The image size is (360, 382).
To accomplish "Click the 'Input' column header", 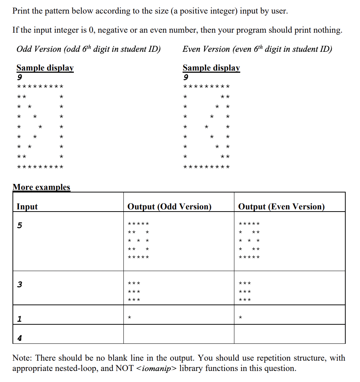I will (x=27, y=206).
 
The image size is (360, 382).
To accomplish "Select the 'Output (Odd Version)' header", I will (x=169, y=206).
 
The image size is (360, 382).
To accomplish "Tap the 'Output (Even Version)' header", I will (x=281, y=206).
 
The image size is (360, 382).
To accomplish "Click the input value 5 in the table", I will (x=20, y=225).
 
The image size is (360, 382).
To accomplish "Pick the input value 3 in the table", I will (x=20, y=284).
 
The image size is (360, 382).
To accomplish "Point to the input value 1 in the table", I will (x=19, y=319).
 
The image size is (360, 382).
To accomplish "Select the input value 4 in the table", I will (x=19, y=338).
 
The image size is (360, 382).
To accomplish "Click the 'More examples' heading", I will (x=41, y=187).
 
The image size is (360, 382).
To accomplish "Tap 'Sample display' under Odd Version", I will (x=45, y=68).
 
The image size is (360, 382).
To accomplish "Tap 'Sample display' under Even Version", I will (x=211, y=68).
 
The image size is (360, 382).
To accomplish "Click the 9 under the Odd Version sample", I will (x=19, y=78).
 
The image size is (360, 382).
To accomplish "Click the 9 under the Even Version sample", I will (x=186, y=78).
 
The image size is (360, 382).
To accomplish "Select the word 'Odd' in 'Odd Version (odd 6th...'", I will (x=24, y=49).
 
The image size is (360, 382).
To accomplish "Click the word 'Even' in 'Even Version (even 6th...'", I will (x=191, y=49).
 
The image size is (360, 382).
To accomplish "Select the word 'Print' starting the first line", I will (x=21, y=11).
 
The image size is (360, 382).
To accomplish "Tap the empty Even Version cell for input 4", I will (x=289, y=334).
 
